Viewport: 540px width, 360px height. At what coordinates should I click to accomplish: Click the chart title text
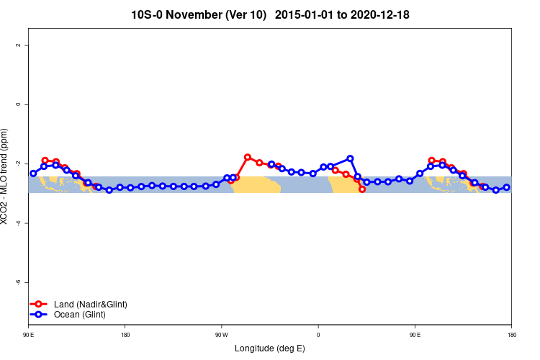click(x=270, y=14)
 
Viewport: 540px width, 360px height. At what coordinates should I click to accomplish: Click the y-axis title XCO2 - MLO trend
click(x=5, y=176)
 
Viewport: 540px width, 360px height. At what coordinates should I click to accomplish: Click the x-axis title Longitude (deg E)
click(x=270, y=348)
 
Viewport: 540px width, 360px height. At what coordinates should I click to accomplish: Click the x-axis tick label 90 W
click(x=222, y=335)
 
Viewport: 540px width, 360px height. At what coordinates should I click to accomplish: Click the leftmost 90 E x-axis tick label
click(x=29, y=335)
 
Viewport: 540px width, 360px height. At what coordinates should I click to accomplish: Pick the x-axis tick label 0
click(x=318, y=335)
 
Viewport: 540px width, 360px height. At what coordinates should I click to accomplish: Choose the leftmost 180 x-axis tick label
click(x=125, y=335)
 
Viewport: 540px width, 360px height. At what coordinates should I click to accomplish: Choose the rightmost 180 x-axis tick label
click(x=511, y=335)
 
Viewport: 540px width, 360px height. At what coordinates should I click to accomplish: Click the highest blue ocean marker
click(x=350, y=158)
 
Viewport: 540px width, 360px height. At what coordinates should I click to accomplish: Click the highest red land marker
click(x=248, y=157)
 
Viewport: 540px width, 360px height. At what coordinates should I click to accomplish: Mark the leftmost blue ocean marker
click(x=33, y=174)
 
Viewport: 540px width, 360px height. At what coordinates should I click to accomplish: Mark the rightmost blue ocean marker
click(x=506, y=187)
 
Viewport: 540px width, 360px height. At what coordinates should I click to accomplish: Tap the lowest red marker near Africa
click(x=362, y=189)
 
